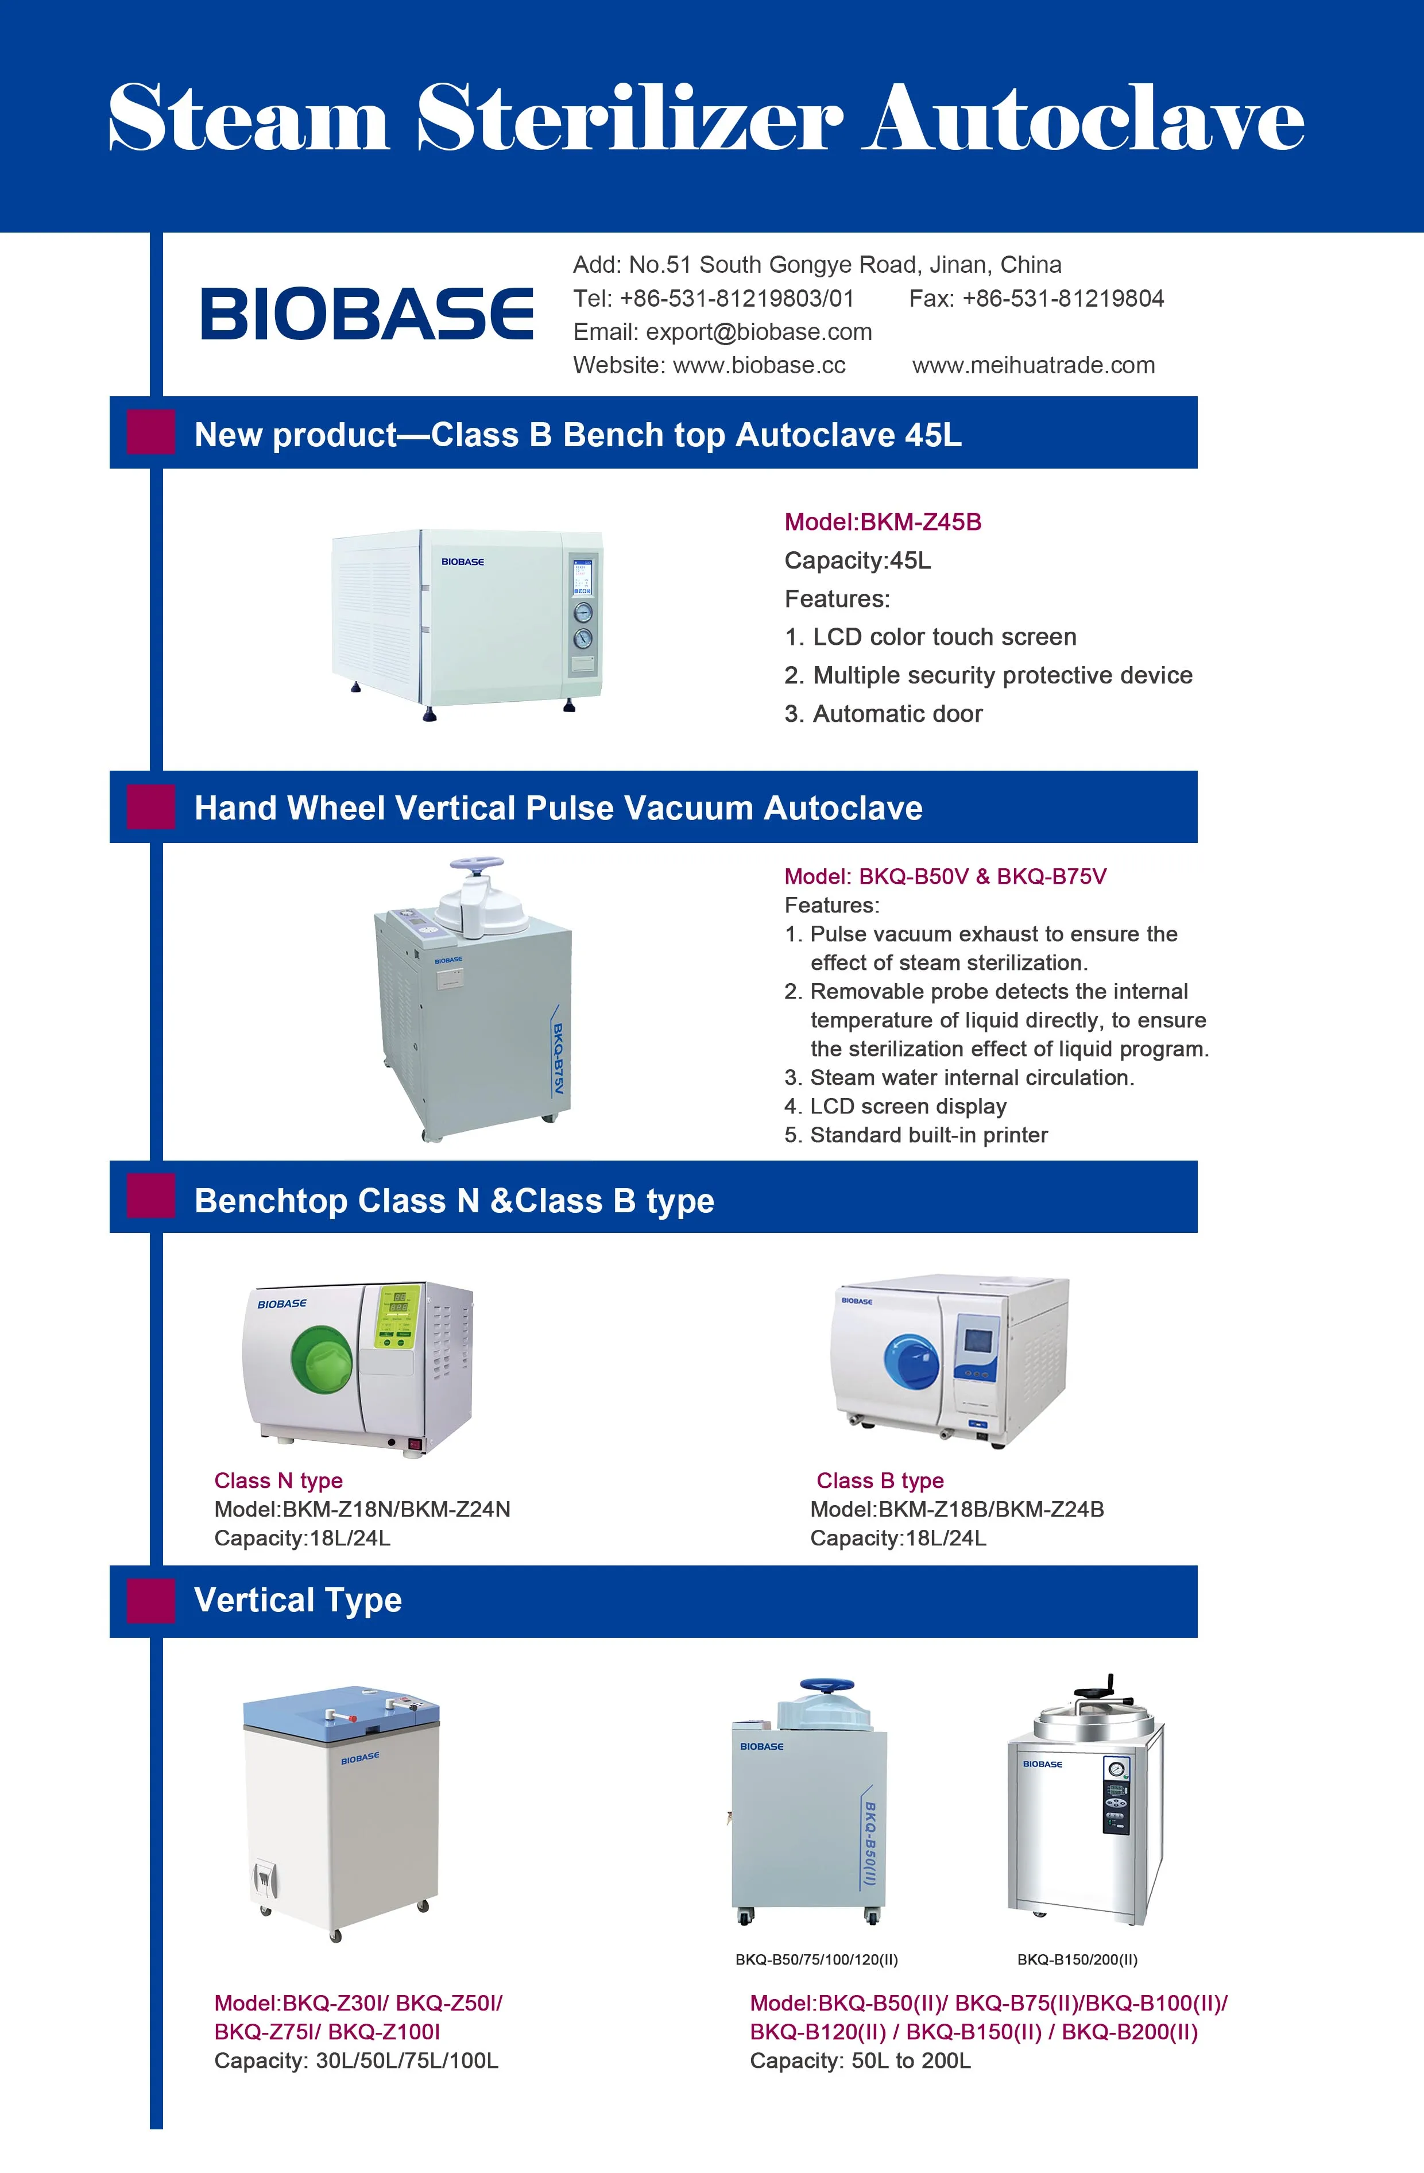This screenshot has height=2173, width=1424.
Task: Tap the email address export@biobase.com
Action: click(759, 332)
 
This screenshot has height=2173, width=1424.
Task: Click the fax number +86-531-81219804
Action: click(1062, 299)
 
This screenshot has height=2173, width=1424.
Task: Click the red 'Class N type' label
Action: click(278, 1480)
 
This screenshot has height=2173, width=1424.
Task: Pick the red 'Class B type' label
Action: click(880, 1480)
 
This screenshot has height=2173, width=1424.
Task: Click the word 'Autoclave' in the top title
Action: click(1084, 119)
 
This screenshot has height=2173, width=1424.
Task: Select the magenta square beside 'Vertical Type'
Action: click(150, 1600)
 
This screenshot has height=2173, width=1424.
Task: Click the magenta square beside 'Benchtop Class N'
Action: click(150, 1196)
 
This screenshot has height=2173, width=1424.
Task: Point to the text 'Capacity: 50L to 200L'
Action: click(860, 2060)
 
